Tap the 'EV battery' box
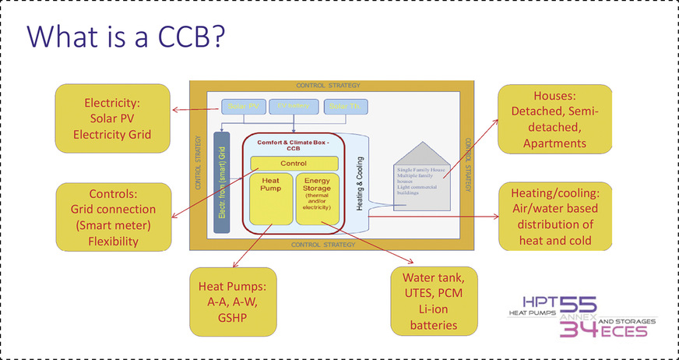tap(294, 106)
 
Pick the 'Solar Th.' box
tap(345, 107)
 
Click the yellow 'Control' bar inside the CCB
tap(294, 163)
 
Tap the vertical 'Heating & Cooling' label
tap(361, 187)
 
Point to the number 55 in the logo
tap(579, 306)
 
